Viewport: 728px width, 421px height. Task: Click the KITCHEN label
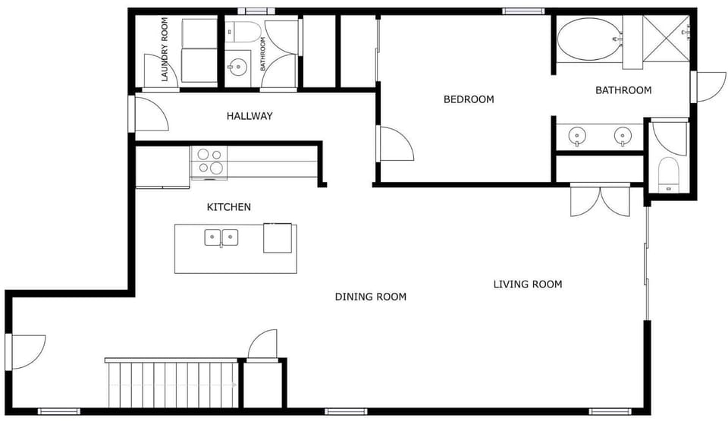click(x=229, y=207)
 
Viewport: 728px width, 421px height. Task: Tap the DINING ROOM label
click(x=371, y=297)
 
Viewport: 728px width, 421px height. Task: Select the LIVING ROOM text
click(x=528, y=284)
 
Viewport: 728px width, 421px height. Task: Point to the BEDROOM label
click(x=469, y=99)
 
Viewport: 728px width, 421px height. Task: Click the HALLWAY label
click(x=249, y=116)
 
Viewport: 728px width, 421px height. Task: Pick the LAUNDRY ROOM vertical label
click(x=165, y=49)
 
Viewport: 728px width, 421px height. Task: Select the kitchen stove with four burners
click(x=209, y=162)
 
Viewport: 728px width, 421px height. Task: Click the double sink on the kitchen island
click(x=221, y=237)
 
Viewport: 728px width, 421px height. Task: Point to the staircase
click(x=172, y=383)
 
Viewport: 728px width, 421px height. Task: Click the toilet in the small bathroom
click(x=243, y=31)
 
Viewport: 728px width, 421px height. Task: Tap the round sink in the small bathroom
click(x=237, y=68)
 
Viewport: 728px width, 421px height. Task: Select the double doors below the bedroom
click(x=600, y=200)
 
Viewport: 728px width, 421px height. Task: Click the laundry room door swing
click(x=161, y=71)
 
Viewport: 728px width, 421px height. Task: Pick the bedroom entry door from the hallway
click(x=396, y=143)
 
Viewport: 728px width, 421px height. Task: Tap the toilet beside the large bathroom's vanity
click(x=669, y=174)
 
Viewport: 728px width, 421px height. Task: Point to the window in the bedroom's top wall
click(x=522, y=11)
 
